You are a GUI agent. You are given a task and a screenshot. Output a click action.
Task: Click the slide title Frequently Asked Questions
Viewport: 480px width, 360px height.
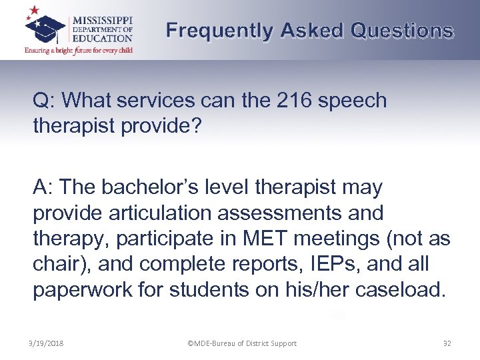click(310, 31)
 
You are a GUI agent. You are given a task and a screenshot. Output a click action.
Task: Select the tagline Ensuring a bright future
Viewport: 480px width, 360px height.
click(79, 50)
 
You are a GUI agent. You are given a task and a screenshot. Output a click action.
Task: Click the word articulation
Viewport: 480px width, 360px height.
click(155, 213)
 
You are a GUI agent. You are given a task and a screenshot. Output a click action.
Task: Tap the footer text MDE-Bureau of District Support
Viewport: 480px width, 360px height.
click(242, 343)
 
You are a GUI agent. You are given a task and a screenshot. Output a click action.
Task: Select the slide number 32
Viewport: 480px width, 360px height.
click(447, 343)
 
